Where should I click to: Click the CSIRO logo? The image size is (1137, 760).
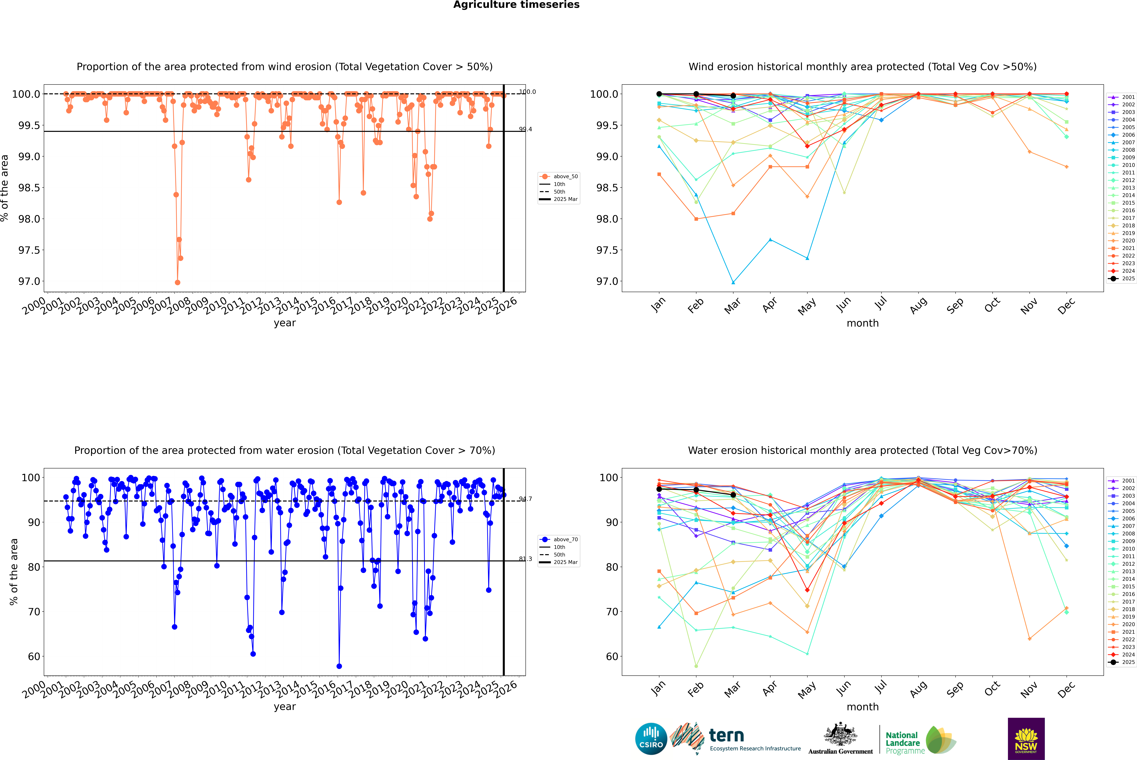pos(651,739)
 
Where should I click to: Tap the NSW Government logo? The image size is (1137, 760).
pos(1026,739)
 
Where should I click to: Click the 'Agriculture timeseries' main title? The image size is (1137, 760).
pos(516,5)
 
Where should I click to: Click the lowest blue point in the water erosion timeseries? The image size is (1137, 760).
pos(339,666)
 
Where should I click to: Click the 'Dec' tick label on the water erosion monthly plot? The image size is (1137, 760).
pos(1066,689)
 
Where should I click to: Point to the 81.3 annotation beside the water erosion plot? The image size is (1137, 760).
pos(525,559)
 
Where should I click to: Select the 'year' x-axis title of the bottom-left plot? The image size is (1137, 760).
pos(284,707)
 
